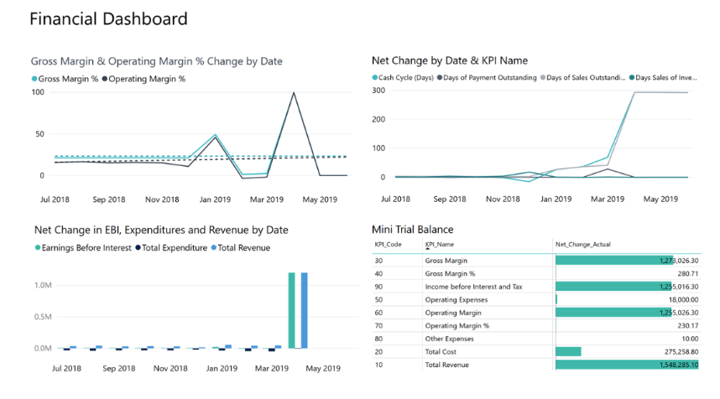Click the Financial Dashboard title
coord(108,18)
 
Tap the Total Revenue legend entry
coord(243,247)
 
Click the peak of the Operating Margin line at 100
coord(294,92)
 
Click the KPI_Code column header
coord(389,245)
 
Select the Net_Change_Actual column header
coord(588,245)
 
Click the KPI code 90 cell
coord(378,287)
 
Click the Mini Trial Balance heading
coord(413,229)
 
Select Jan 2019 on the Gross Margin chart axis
coord(215,199)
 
